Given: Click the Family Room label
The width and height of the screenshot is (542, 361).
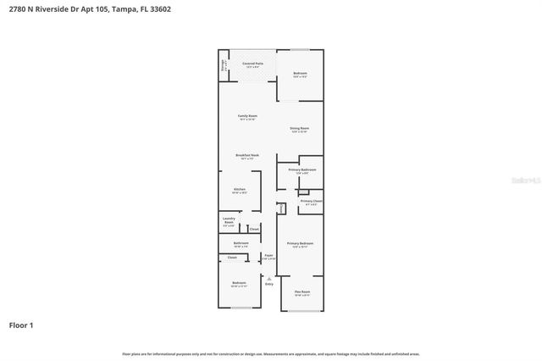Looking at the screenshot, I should pyautogui.click(x=247, y=116).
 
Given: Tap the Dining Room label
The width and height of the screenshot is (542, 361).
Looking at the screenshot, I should pyautogui.click(x=299, y=129).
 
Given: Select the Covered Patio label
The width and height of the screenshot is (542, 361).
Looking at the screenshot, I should pyautogui.click(x=252, y=64).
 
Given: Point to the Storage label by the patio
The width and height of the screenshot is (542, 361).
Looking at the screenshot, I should pyautogui.click(x=224, y=64).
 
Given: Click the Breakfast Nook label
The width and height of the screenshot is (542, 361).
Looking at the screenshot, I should pyautogui.click(x=247, y=156).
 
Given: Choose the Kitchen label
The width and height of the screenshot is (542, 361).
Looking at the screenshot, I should pyautogui.click(x=239, y=190).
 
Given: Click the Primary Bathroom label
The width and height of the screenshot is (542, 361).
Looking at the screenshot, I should pyautogui.click(x=301, y=170).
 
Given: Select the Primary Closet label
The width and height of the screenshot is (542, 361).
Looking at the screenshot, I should pyautogui.click(x=311, y=202).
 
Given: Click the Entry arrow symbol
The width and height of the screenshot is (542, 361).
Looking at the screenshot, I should pyautogui.click(x=268, y=278).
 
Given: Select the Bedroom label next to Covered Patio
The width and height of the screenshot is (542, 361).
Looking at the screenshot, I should pyautogui.click(x=300, y=74).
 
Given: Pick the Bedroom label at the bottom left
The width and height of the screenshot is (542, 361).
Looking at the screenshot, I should pyautogui.click(x=239, y=283).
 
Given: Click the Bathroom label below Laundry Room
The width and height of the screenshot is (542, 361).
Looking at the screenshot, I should pyautogui.click(x=239, y=244).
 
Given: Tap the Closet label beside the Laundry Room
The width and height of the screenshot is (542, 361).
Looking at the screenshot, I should pyautogui.click(x=253, y=229).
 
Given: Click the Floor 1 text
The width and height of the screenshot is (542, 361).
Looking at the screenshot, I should pyautogui.click(x=21, y=325).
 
